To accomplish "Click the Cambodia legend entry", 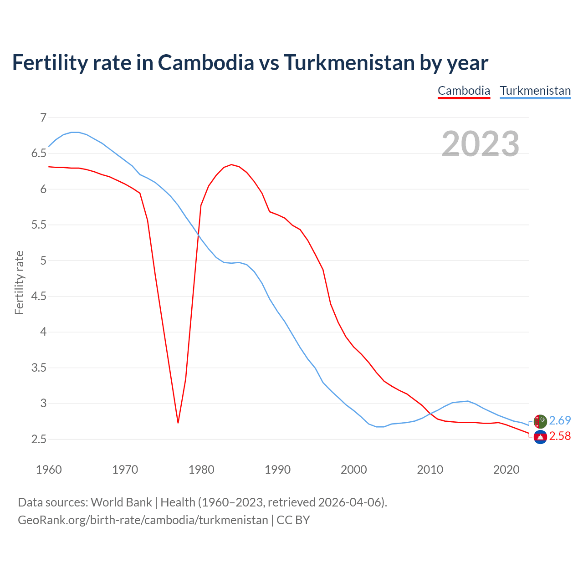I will click(464, 91).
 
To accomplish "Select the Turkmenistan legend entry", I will click(535, 91).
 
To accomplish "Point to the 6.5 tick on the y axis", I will click(39, 153).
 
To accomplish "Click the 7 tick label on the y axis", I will click(43, 118).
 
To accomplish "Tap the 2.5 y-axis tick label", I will click(39, 440).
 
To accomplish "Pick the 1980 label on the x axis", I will click(201, 470).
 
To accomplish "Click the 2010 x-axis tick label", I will click(430, 470).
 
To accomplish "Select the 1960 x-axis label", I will click(49, 470).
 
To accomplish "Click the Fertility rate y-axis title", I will click(19, 282).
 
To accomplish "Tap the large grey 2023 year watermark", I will click(480, 144).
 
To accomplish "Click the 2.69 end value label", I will click(560, 420).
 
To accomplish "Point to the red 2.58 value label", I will click(560, 436).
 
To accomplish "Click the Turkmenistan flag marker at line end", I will click(540, 421).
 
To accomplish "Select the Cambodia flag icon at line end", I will click(540, 437).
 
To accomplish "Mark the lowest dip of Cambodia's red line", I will click(178, 423).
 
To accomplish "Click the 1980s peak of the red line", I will click(231, 164).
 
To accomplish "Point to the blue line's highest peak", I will click(75, 132).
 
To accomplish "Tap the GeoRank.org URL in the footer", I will click(143, 520).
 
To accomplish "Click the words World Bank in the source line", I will click(121, 502).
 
